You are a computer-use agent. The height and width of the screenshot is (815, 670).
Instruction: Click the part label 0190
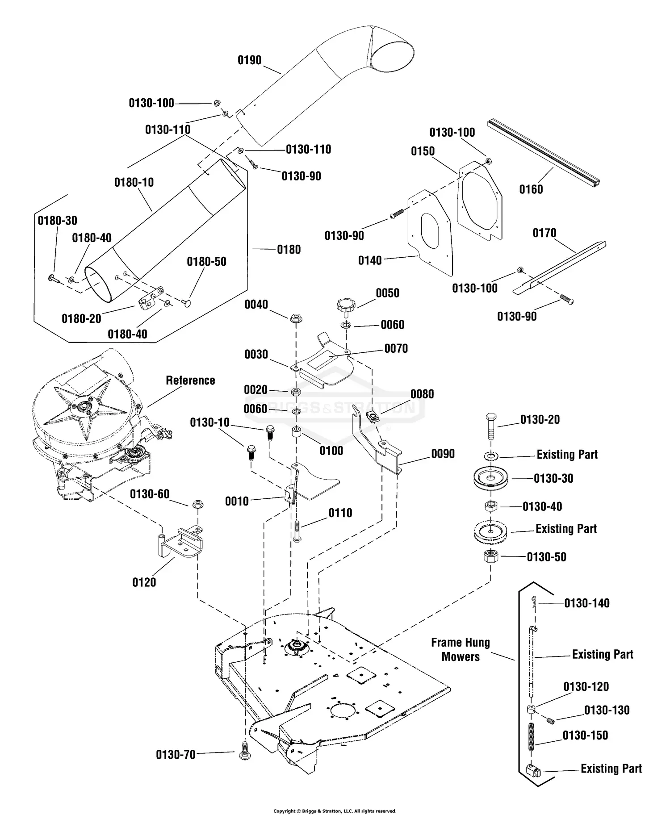coord(249,60)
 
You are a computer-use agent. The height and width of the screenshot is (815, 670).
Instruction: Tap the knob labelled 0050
coord(345,307)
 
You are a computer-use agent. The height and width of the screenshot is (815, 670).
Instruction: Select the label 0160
coord(531,189)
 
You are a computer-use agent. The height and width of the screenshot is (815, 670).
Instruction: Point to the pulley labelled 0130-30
coord(490,479)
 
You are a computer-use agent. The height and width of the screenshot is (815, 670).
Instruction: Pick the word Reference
coord(190,380)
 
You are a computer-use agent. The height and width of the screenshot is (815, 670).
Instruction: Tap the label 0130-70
coord(176,755)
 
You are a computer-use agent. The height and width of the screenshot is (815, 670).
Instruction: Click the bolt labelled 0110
coord(297,532)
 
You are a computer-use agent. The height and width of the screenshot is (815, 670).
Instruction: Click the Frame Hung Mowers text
coord(461,650)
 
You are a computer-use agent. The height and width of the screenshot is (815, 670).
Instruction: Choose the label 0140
coord(370,260)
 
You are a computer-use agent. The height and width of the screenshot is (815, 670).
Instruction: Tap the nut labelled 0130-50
coord(491,557)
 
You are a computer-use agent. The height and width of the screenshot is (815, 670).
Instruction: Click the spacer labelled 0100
coord(296,433)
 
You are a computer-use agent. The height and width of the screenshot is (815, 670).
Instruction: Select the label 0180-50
coord(206,262)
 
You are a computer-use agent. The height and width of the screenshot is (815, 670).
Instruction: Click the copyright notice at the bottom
coord(335,811)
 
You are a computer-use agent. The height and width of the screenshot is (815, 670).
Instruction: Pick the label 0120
coord(144,582)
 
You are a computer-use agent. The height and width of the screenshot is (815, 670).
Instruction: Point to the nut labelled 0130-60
coord(196,505)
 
